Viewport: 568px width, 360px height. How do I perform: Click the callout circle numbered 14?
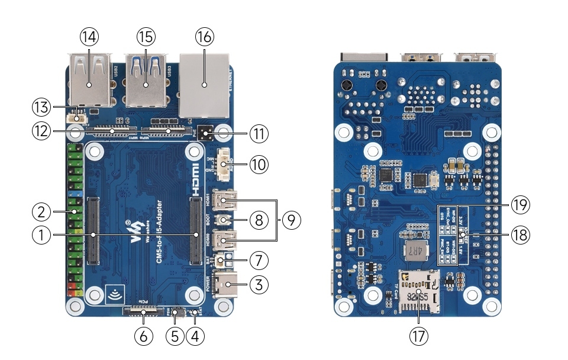[89, 37]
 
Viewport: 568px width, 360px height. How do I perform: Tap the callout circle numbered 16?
[204, 37]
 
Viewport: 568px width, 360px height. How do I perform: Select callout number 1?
[40, 236]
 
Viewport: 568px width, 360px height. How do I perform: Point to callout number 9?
[290, 220]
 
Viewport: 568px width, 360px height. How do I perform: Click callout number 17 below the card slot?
[418, 336]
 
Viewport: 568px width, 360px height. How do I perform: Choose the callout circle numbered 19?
[521, 205]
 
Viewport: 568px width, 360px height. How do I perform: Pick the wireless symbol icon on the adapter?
[112, 293]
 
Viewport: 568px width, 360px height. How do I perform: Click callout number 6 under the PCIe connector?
[143, 336]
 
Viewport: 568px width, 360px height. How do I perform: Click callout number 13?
[40, 107]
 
